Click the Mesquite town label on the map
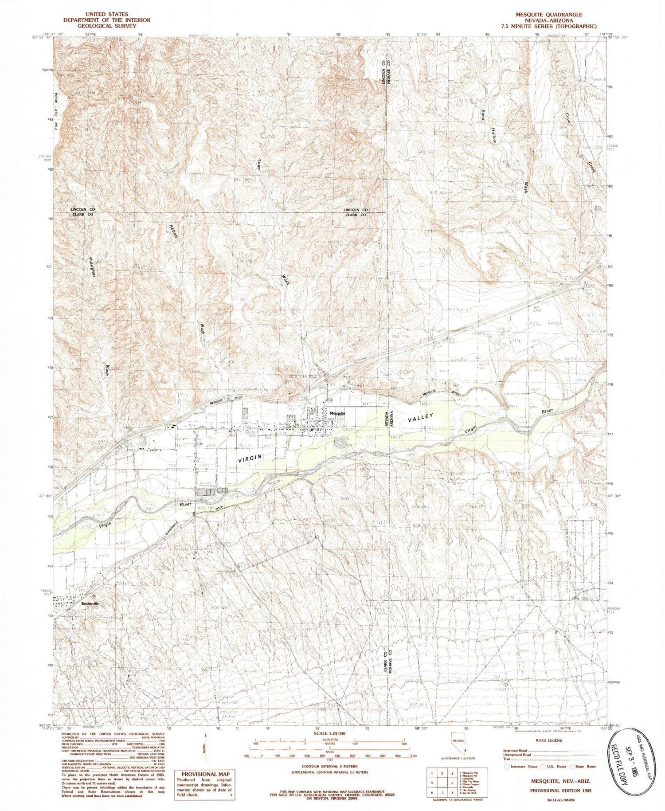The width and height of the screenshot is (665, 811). [x=337, y=413]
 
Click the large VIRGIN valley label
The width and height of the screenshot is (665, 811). [x=250, y=458]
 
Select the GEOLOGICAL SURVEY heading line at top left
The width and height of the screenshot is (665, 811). [x=106, y=26]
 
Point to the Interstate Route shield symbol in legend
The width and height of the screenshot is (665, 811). [x=507, y=766]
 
